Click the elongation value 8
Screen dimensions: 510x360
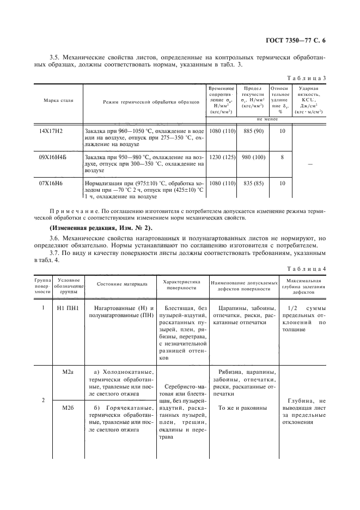282,157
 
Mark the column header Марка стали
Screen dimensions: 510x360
59,101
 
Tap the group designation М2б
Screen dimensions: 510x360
68,408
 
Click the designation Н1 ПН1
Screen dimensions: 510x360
68,308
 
